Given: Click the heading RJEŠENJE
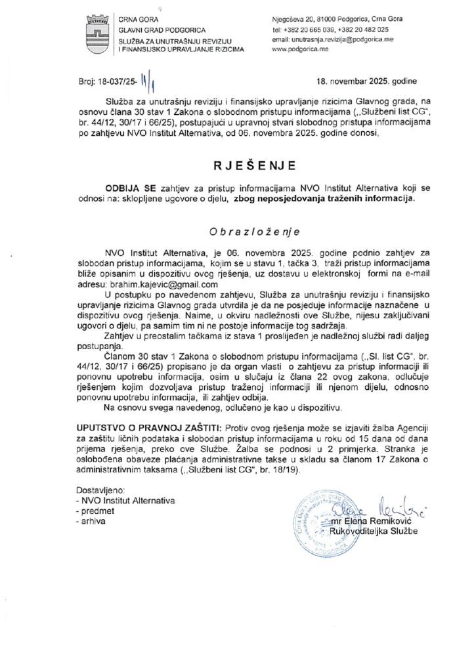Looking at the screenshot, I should point(238,162).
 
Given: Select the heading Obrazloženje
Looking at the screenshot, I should point(238,232).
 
